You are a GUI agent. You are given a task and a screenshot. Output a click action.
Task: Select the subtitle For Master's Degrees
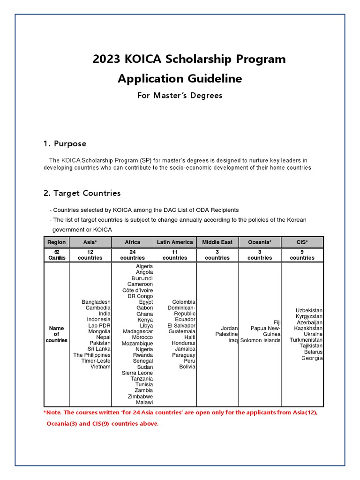pyautogui.click(x=180, y=96)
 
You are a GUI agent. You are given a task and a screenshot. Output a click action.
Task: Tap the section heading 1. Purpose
pyautogui.click(x=65, y=143)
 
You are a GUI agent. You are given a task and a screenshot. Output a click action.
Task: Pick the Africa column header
pyautogui.click(x=132, y=242)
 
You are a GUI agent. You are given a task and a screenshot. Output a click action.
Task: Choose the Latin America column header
pyautogui.click(x=175, y=242)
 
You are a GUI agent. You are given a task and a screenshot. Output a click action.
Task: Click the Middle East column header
pyautogui.click(x=217, y=242)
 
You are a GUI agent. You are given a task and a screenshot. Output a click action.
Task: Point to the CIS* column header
pyautogui.click(x=302, y=242)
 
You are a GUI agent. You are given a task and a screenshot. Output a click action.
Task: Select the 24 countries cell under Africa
pyautogui.click(x=132, y=255)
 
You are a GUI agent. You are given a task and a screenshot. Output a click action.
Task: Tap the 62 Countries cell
pyautogui.click(x=56, y=255)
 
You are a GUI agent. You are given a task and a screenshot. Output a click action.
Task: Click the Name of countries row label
pyautogui.click(x=56, y=334)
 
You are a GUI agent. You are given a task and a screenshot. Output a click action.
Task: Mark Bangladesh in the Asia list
pyautogui.click(x=96, y=302)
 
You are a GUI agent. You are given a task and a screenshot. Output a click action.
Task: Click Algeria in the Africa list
pyautogui.click(x=144, y=266)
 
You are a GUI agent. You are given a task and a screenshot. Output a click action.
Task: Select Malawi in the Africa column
pyautogui.click(x=144, y=402)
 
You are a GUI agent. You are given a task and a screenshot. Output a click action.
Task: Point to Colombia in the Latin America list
pyautogui.click(x=184, y=302)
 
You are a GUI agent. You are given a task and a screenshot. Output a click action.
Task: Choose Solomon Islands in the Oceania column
pyautogui.click(x=261, y=340)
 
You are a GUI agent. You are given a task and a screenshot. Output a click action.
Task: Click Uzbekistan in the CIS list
pyautogui.click(x=309, y=311)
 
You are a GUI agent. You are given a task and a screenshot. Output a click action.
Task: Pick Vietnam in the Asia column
pyautogui.click(x=100, y=367)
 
